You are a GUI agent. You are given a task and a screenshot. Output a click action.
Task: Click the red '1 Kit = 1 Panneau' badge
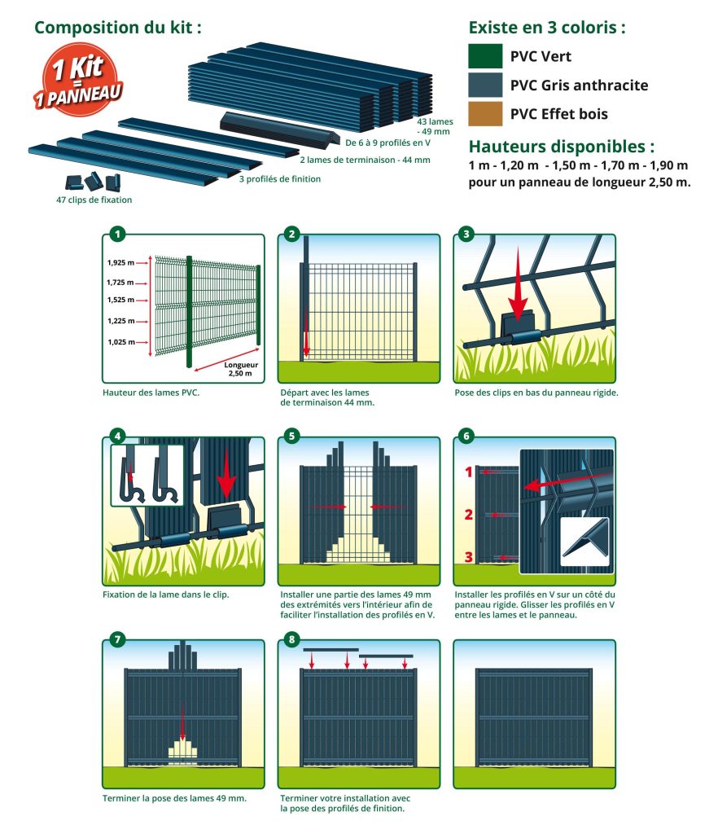[79, 81]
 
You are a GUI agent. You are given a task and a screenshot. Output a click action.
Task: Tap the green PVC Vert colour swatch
[484, 56]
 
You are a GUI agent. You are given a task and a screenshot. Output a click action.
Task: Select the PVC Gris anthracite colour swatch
[484, 85]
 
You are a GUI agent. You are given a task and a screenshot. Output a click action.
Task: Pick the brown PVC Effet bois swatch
[484, 113]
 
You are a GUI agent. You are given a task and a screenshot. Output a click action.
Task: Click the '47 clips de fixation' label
[94, 200]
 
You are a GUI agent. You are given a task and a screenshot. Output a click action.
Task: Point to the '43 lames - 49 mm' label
[435, 126]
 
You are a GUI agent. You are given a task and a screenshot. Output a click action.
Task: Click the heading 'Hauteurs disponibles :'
[561, 147]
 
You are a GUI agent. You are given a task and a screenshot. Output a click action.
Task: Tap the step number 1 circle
[117, 234]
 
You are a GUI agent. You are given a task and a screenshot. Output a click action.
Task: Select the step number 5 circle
[291, 437]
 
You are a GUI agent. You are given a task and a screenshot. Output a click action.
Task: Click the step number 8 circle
[291, 639]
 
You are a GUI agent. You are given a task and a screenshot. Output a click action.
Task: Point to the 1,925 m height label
[120, 263]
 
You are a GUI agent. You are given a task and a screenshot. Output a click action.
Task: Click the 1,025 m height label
[120, 342]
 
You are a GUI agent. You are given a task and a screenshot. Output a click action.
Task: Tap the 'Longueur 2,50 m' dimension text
[241, 369]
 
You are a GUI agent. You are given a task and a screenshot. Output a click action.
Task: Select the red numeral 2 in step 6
[468, 515]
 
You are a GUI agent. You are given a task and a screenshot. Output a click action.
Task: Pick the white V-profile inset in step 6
[584, 542]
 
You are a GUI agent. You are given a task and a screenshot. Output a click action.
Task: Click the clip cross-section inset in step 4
[147, 476]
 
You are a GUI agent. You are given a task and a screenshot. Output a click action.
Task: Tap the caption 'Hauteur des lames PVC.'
[151, 393]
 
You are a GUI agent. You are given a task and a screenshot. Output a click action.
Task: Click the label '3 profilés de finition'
[279, 179]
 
